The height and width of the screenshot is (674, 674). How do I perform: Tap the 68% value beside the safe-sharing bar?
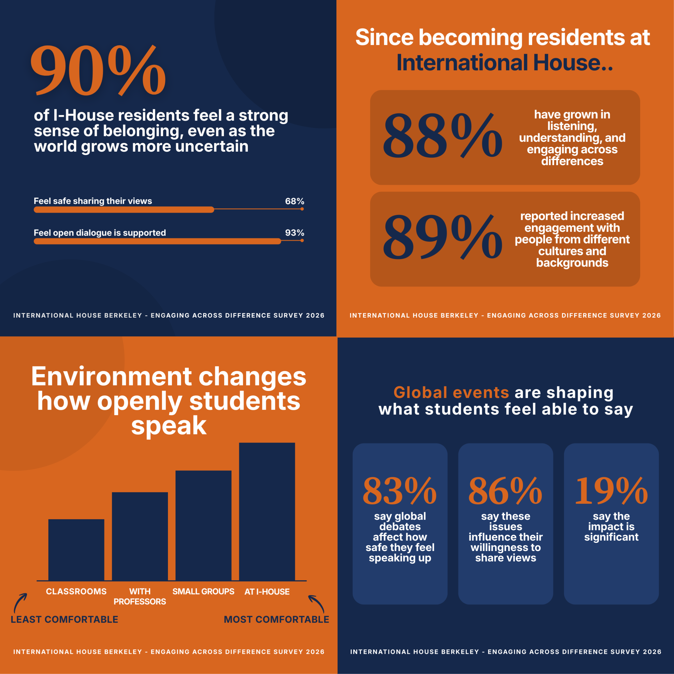point(294,201)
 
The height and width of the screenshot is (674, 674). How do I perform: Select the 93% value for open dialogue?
point(294,233)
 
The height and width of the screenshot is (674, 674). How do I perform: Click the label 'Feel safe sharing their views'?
point(93,201)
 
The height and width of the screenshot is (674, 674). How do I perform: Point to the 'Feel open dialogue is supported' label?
point(100,233)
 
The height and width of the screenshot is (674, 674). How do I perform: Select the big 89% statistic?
point(442,237)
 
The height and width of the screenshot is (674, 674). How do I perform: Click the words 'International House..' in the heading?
point(504,63)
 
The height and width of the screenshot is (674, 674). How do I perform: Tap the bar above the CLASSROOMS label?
point(76,550)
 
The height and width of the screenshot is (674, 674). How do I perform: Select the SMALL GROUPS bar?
point(203,525)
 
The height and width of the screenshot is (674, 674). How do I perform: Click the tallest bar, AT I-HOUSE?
point(267,511)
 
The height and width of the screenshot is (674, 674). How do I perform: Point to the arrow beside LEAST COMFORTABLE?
point(20,602)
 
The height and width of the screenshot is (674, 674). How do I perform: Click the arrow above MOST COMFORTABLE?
point(317,604)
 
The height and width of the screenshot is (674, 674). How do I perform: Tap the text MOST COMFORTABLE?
point(276,619)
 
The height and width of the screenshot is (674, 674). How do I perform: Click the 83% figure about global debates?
point(400,491)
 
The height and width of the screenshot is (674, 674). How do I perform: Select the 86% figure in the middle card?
point(505,491)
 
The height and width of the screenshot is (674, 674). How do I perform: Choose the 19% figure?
point(611,491)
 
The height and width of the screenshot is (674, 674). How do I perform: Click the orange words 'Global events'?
point(451,393)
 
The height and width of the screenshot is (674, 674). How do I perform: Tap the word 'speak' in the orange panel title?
point(169,426)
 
